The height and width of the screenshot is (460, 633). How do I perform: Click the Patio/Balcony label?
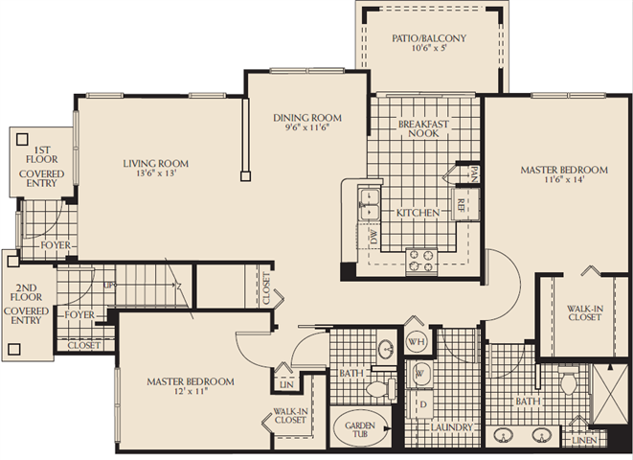click(429, 38)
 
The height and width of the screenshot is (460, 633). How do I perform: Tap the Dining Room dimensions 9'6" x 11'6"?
click(307, 127)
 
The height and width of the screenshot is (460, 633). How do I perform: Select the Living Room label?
click(156, 164)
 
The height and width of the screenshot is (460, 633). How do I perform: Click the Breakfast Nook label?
click(423, 128)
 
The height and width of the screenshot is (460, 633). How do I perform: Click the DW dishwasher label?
click(373, 237)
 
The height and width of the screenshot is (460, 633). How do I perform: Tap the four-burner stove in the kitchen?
click(421, 261)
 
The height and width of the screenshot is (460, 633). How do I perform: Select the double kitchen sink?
click(370, 204)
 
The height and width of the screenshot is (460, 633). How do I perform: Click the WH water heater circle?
click(417, 342)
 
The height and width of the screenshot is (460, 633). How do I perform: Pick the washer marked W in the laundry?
click(419, 374)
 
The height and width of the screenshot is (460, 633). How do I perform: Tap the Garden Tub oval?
click(360, 429)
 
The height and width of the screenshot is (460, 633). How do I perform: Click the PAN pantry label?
click(474, 173)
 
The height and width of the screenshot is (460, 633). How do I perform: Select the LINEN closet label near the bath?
click(584, 440)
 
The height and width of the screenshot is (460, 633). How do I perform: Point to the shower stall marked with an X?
click(610, 393)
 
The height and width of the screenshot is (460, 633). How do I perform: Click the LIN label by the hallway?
click(286, 384)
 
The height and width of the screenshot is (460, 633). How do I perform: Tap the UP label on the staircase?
click(108, 286)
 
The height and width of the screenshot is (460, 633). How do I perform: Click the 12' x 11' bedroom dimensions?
click(191, 391)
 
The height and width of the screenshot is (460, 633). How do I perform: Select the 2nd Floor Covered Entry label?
click(26, 304)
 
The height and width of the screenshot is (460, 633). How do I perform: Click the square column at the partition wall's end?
click(245, 176)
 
